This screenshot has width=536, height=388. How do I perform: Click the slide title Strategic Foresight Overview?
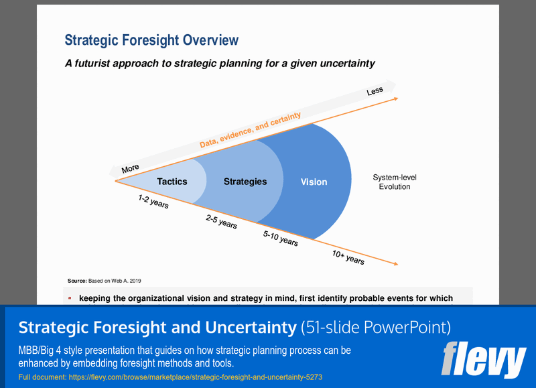tap(151, 40)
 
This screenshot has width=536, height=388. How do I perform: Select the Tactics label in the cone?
tap(172, 182)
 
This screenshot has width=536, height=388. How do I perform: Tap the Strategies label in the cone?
tap(245, 182)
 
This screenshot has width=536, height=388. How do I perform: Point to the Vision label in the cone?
tap(314, 182)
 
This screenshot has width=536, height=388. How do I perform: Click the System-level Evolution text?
tap(394, 182)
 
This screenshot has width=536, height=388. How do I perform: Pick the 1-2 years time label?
tap(153, 202)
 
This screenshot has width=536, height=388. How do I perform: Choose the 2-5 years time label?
tap(221, 222)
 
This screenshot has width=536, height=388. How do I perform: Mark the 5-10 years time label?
tap(281, 238)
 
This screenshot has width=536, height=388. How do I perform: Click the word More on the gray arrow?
tap(130, 169)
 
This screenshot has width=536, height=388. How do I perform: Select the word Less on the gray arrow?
tap(375, 91)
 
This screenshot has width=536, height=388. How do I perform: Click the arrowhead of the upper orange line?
tap(396, 99)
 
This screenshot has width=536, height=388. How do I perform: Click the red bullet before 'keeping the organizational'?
tap(70, 298)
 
